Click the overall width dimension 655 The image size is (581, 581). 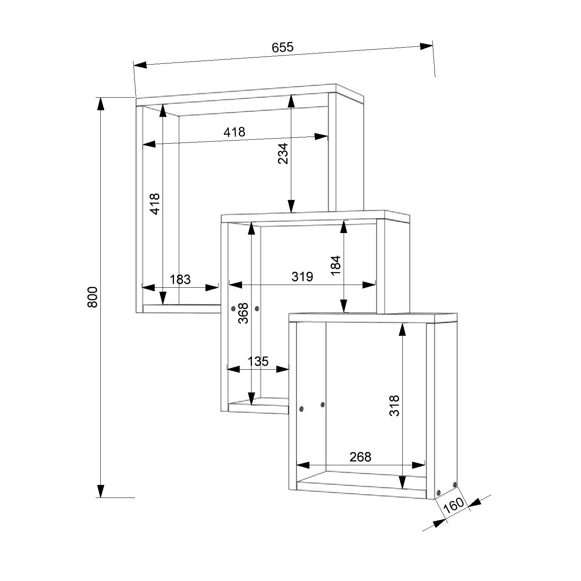point(283,47)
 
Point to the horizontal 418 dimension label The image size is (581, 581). point(234,132)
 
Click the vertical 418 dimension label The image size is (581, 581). point(155,204)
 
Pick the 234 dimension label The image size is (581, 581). point(283,154)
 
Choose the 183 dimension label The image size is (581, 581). point(180,279)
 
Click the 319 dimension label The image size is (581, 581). point(302,276)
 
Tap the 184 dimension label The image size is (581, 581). point(335,266)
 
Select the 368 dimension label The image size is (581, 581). point(244,313)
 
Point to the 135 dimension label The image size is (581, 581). point(258,361)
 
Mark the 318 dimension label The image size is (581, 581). point(394,405)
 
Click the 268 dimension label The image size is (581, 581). point(360,457)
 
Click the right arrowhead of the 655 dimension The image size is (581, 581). point(426,46)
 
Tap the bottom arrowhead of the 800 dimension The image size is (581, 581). point(101,491)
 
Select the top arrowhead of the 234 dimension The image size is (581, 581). point(291,102)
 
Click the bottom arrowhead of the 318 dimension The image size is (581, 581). point(402,482)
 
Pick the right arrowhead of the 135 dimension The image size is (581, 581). point(283,369)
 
